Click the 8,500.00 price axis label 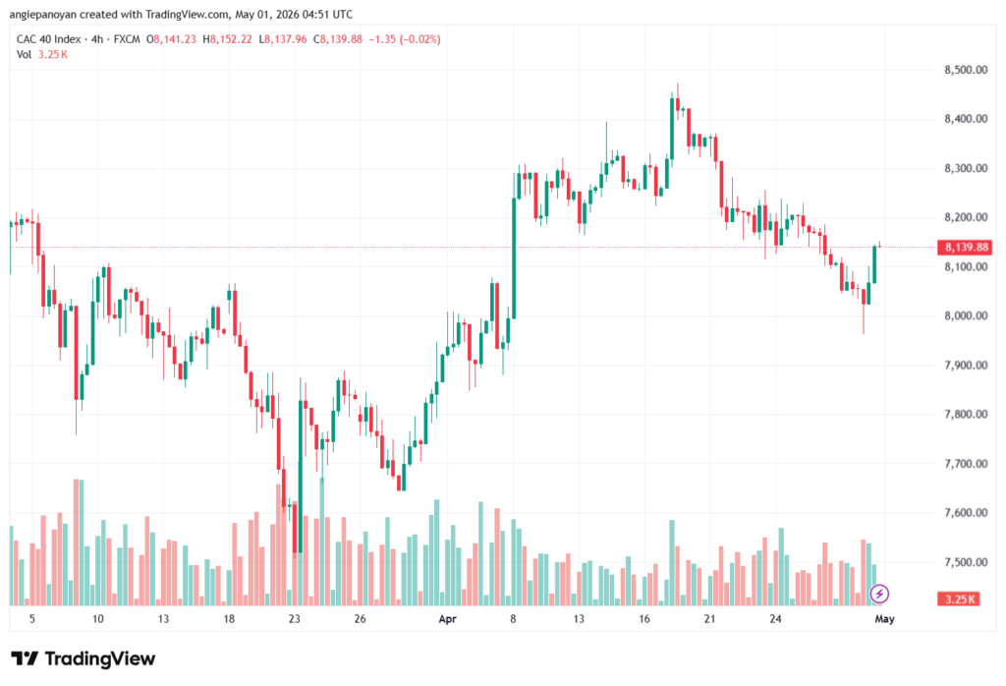[966, 70]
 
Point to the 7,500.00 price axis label [966, 562]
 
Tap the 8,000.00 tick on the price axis [966, 315]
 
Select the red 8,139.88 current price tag [965, 247]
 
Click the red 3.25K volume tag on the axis [959, 600]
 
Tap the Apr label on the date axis [447, 619]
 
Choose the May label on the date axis [885, 619]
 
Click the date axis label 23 [295, 619]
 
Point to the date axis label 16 [644, 619]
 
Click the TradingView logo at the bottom [84, 659]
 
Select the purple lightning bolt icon [879, 594]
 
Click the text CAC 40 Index [49, 39]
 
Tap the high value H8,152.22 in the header [227, 39]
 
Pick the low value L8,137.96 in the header [283, 39]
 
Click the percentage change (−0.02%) [420, 39]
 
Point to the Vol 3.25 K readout [41, 55]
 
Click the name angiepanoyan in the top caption [43, 14]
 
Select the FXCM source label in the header [127, 39]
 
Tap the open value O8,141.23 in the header [171, 39]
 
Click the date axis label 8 [513, 619]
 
